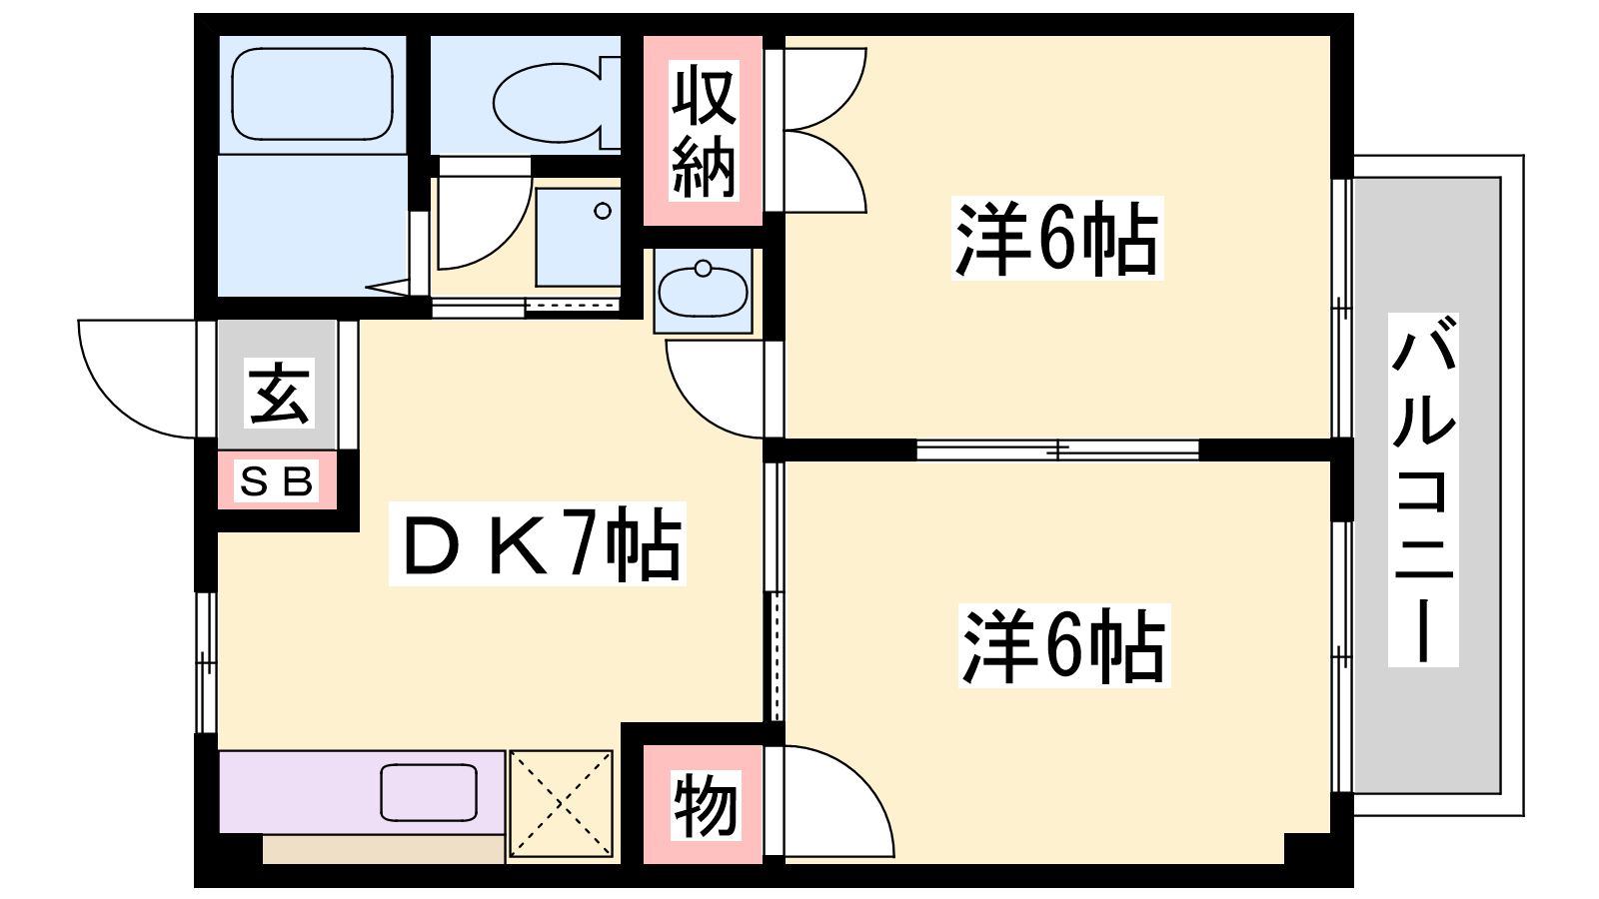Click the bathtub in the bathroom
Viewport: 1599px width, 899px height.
point(312,94)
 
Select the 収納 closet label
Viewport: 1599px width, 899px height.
point(704,131)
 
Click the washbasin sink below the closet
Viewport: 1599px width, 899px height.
point(703,291)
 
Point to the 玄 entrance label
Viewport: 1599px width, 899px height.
point(279,394)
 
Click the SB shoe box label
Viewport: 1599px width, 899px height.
point(276,481)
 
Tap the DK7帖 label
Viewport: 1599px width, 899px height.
point(537,544)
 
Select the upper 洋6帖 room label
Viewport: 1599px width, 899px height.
point(1058,239)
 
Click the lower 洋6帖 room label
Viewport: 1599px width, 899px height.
point(1064,645)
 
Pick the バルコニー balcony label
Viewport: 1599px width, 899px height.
point(1423,490)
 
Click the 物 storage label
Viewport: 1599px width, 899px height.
point(706,805)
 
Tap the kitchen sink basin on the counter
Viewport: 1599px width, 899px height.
point(429,792)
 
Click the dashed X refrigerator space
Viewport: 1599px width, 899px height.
point(561,803)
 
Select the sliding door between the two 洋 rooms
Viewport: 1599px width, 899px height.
point(1057,449)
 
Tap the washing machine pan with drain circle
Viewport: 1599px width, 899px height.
point(579,238)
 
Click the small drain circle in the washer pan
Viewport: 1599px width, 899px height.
point(603,211)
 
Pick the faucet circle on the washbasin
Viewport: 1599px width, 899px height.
point(704,269)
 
